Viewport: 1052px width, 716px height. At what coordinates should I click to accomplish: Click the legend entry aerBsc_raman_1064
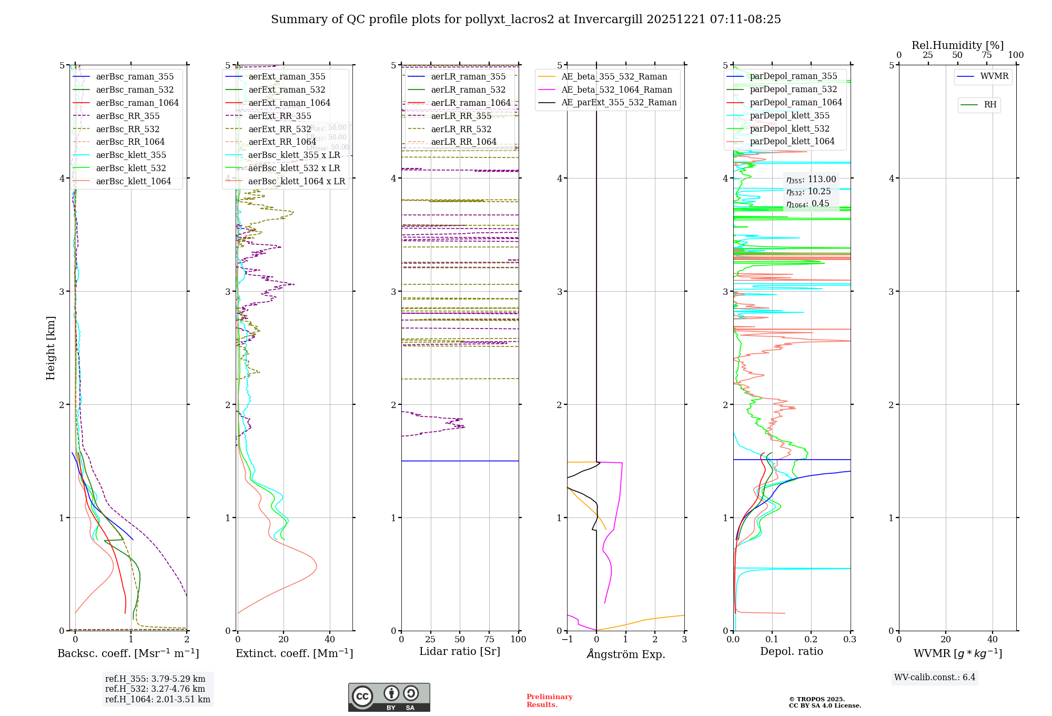(137, 103)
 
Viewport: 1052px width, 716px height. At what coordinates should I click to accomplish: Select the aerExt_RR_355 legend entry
(280, 116)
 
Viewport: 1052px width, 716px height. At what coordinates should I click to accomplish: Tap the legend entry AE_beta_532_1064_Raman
(616, 90)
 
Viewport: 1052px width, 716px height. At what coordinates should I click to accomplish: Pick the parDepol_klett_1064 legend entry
(792, 142)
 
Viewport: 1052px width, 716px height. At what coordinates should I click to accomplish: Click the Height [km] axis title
(50, 348)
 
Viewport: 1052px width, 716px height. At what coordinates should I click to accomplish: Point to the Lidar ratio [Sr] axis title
(460, 652)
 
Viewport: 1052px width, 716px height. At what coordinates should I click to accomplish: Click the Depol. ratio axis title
(792, 652)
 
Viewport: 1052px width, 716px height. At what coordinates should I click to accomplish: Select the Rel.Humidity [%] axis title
(957, 45)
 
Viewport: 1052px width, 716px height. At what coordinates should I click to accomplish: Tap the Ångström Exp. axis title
(626, 654)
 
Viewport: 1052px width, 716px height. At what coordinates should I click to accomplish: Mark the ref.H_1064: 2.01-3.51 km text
(158, 700)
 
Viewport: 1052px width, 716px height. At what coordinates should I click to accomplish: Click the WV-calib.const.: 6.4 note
(935, 678)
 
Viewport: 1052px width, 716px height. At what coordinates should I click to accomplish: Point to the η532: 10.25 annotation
(808, 192)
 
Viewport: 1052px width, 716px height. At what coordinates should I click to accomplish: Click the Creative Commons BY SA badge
(389, 698)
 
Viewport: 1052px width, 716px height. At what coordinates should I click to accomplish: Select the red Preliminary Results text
(549, 701)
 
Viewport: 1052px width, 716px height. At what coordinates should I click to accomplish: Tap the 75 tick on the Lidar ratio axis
(489, 640)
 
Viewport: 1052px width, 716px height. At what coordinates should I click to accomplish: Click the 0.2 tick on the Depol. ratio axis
(811, 640)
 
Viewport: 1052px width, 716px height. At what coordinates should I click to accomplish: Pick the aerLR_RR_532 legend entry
(461, 130)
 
